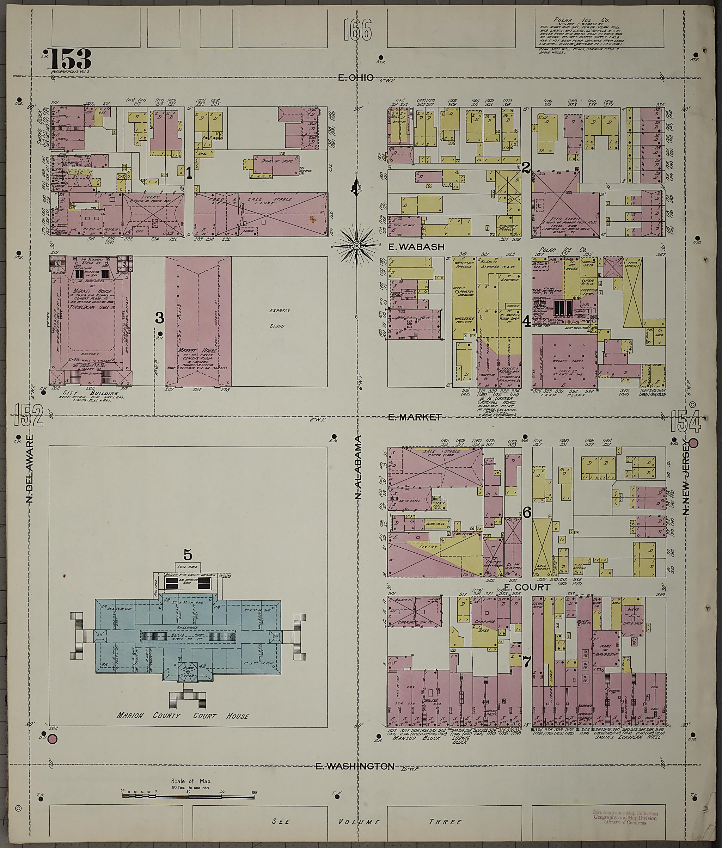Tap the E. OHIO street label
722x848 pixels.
tap(356, 77)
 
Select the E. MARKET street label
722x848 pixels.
tap(415, 417)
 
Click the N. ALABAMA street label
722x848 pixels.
tap(359, 467)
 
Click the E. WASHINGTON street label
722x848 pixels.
tap(355, 766)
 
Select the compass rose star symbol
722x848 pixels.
tap(356, 246)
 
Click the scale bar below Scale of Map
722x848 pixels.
tap(188, 795)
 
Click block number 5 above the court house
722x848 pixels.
tap(188, 555)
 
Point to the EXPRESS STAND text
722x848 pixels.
tap(279, 318)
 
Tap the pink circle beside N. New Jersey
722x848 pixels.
tap(693, 443)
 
